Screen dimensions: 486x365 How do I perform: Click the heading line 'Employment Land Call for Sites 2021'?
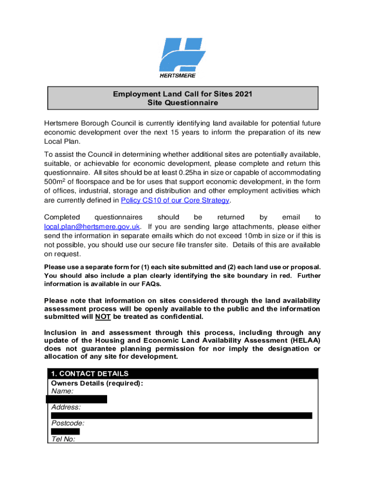pyautogui.click(x=182, y=94)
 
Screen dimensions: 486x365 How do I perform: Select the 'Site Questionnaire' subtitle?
pyautogui.click(x=182, y=103)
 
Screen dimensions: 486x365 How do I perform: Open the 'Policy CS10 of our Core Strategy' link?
pyautogui.click(x=175, y=200)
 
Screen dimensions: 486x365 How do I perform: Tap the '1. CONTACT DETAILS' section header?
pyautogui.click(x=90, y=374)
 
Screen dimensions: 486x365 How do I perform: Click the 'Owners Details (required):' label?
pyautogui.click(x=97, y=383)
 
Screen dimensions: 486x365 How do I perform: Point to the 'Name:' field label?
pyautogui.click(x=62, y=391)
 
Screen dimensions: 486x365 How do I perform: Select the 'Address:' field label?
pyautogui.click(x=66, y=407)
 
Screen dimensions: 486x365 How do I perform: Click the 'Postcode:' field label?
pyautogui.click(x=68, y=423)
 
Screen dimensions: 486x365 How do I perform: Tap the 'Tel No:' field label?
pyautogui.click(x=63, y=439)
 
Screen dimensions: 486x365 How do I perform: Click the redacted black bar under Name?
pyautogui.click(x=77, y=399)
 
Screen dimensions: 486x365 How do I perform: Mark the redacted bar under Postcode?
pyautogui.click(x=65, y=431)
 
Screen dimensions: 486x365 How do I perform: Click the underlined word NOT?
pyautogui.click(x=103, y=317)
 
